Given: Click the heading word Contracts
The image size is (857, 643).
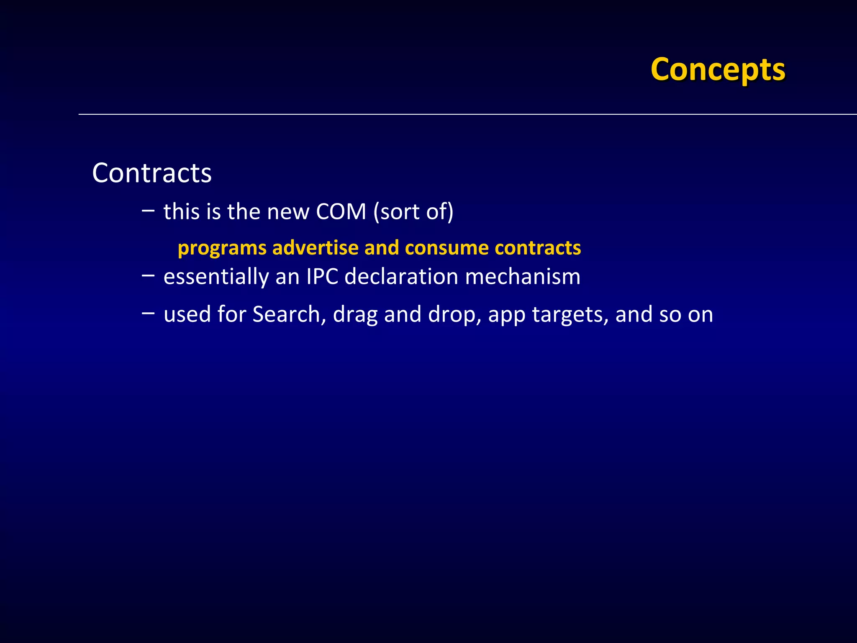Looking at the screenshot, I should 152,173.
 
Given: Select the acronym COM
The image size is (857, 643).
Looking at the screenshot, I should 341,211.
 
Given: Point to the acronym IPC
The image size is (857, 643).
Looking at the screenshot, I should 322,277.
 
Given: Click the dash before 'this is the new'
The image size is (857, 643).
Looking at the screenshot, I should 148,210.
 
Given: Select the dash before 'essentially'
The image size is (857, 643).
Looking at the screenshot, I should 148,275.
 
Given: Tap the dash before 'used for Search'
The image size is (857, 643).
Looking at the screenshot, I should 148,313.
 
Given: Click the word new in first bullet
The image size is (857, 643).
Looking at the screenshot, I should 287,212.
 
